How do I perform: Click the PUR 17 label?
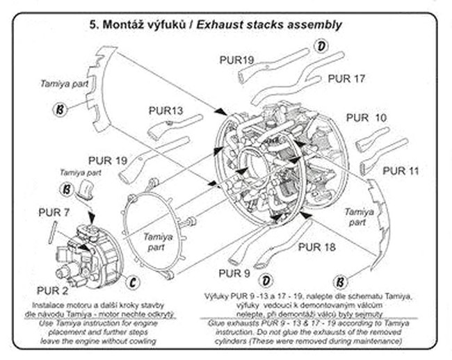[x=346, y=79]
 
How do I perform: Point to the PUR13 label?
[x=166, y=111]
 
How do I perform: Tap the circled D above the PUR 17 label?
[x=321, y=47]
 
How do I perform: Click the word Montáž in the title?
[x=127, y=25]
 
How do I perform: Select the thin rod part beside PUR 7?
[x=51, y=230]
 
